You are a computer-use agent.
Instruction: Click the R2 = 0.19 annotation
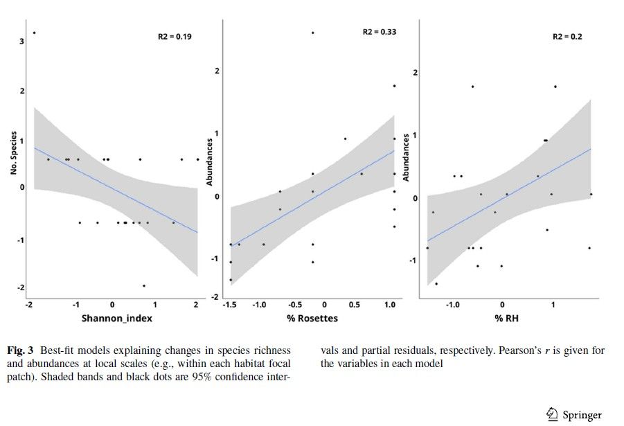click(175, 36)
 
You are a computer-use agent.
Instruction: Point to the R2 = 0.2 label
click(567, 36)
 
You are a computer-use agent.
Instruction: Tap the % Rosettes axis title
click(312, 318)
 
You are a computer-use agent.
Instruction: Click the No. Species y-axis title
click(14, 153)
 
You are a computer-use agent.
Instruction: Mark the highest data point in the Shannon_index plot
click(34, 33)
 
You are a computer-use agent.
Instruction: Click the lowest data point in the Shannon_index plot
click(144, 285)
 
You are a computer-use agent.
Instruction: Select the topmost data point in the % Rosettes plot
click(313, 33)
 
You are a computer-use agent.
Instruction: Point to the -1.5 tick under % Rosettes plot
click(230, 305)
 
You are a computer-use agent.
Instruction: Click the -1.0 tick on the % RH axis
click(453, 305)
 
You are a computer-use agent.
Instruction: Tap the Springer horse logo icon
click(553, 414)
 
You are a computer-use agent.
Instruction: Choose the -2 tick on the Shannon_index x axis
click(28, 305)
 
